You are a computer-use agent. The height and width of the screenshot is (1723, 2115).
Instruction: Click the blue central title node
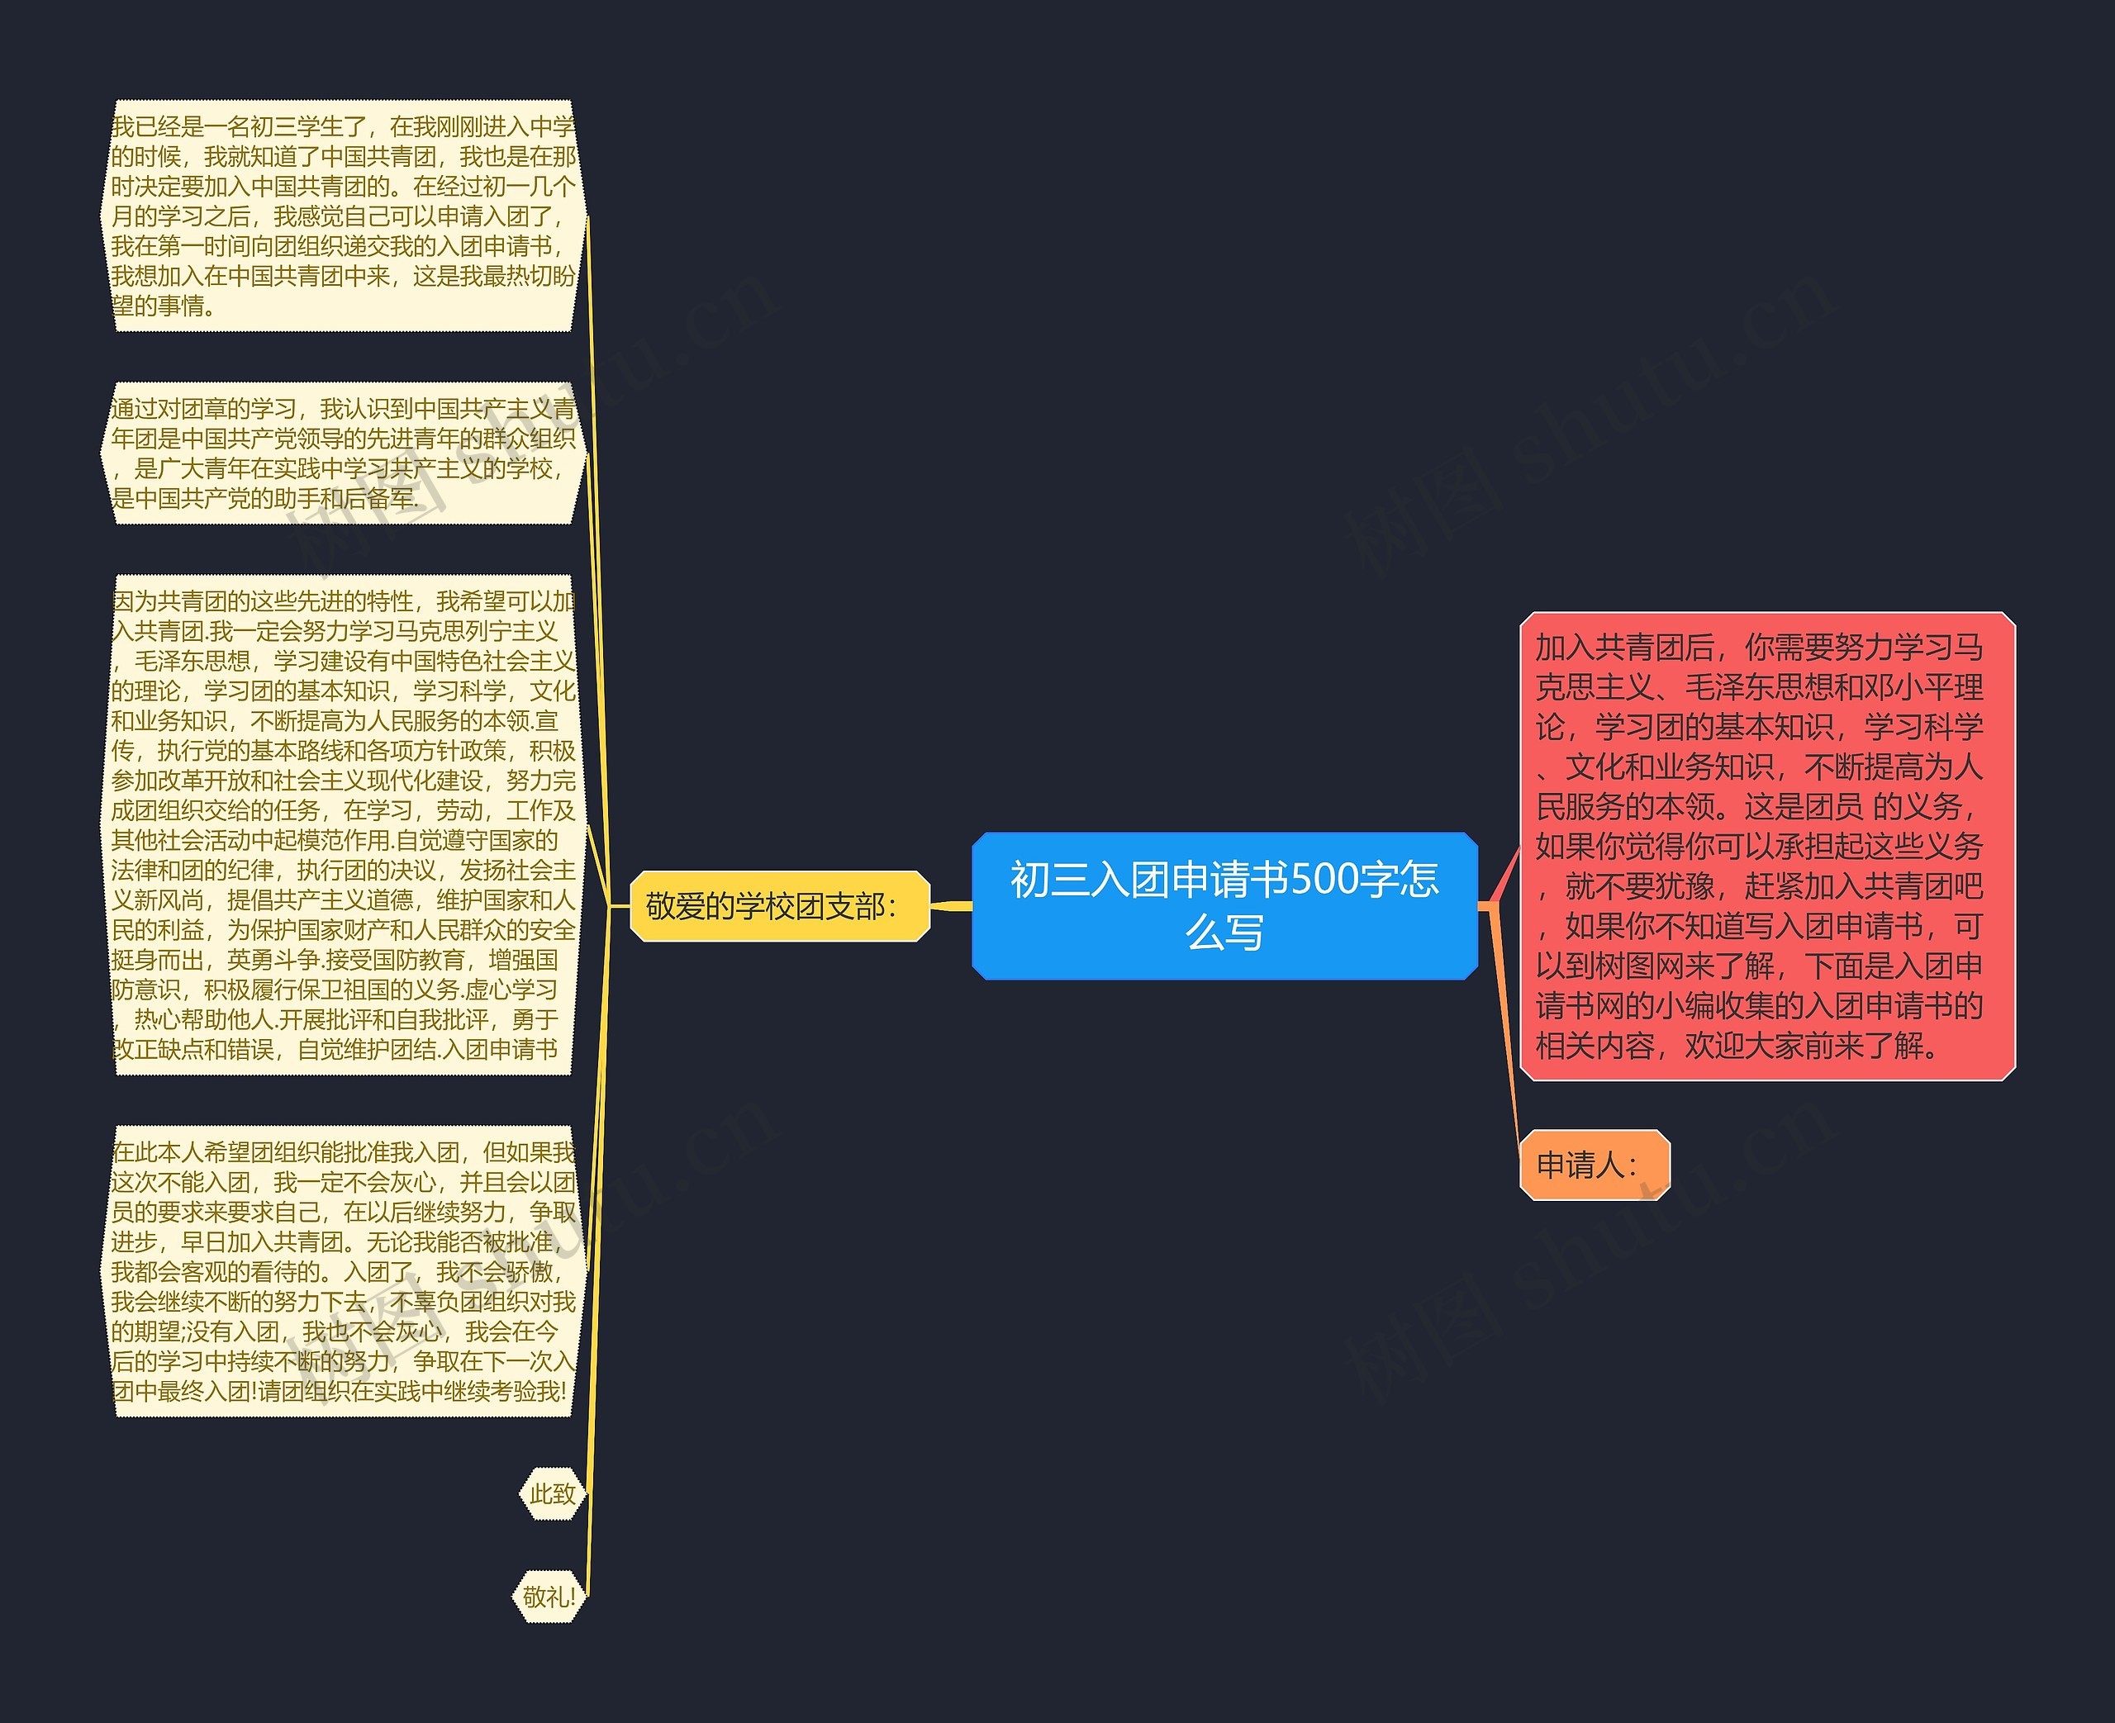(x=1224, y=905)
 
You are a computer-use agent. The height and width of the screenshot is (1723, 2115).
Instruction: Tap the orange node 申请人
(x=1594, y=1164)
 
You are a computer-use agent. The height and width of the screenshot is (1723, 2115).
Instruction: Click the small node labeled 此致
(x=552, y=1493)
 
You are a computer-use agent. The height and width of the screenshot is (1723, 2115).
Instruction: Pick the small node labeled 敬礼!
(x=548, y=1597)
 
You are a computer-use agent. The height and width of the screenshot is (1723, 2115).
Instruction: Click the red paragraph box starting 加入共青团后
(x=1766, y=846)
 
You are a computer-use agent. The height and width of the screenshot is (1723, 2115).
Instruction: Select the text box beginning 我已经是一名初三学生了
(x=342, y=216)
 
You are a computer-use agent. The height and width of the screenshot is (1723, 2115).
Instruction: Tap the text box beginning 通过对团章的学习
(x=342, y=453)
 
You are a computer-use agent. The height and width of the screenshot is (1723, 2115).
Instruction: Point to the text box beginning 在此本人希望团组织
(x=342, y=1270)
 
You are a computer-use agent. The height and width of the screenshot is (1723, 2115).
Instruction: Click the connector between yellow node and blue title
(x=951, y=905)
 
